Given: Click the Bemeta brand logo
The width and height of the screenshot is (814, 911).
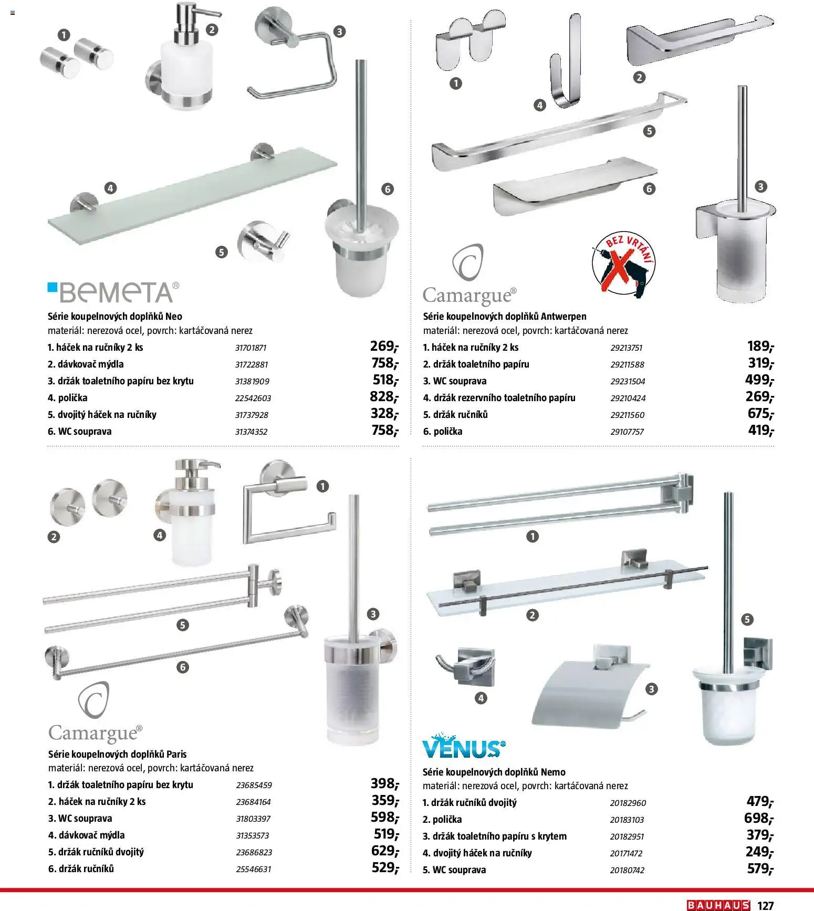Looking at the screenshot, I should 113,292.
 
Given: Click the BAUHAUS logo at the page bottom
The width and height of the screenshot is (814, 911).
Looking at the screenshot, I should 718,905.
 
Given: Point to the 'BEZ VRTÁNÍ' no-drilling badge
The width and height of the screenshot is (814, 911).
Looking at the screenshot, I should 624,265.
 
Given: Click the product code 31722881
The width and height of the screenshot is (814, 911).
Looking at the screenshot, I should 253,364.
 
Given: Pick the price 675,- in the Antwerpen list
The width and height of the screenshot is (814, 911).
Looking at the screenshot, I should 760,414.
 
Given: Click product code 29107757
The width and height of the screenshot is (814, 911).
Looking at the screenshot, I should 627,432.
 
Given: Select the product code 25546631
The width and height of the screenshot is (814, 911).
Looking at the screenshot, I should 254,869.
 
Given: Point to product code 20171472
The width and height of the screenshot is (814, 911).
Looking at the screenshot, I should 626,853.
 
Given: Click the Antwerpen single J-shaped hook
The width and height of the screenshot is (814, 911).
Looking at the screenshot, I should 565,63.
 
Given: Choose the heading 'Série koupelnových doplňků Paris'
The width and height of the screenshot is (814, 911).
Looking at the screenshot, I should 117,754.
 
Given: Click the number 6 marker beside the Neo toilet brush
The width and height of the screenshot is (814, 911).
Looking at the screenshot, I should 388,189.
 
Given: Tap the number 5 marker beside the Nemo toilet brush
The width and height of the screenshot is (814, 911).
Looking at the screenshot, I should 747,619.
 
